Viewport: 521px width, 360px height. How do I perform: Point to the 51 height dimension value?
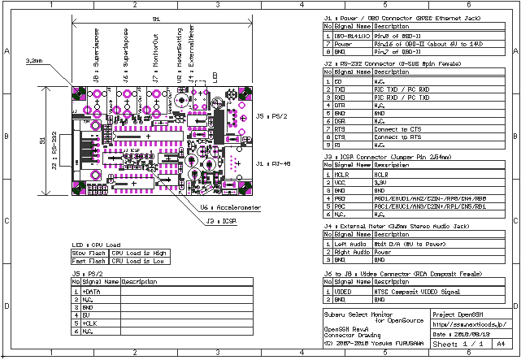pyautogui.click(x=43, y=140)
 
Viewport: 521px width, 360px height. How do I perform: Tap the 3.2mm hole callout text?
pyautogui.click(x=34, y=60)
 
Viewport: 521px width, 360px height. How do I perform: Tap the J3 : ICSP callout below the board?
pyautogui.click(x=221, y=219)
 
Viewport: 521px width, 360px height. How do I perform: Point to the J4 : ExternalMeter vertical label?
pyautogui.click(x=192, y=52)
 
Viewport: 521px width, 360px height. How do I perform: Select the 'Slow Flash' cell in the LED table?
pyautogui.click(x=89, y=253)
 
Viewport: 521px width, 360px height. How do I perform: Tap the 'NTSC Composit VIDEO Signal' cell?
pyautogui.click(x=412, y=290)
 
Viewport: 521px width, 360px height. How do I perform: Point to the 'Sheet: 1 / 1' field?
pyautogui.click(x=460, y=345)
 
